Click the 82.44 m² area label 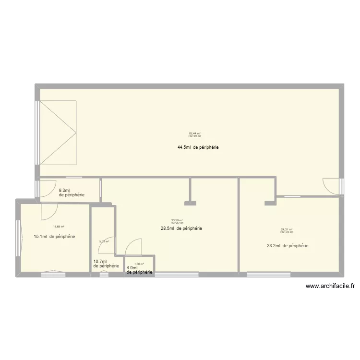click(194, 134)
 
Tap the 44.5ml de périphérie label click(198, 147)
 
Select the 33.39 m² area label click(177, 221)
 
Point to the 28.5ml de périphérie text click(181, 229)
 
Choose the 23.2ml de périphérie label click(288, 246)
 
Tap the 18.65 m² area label click(59, 227)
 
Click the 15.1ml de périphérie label click(54, 237)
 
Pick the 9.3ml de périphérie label click(72, 192)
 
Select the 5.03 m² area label click(104, 241)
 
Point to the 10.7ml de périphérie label click(106, 264)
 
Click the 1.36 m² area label click(139, 264)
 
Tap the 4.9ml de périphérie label click(139, 270)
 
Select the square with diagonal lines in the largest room click(58, 132)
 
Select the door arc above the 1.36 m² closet click(133, 247)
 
